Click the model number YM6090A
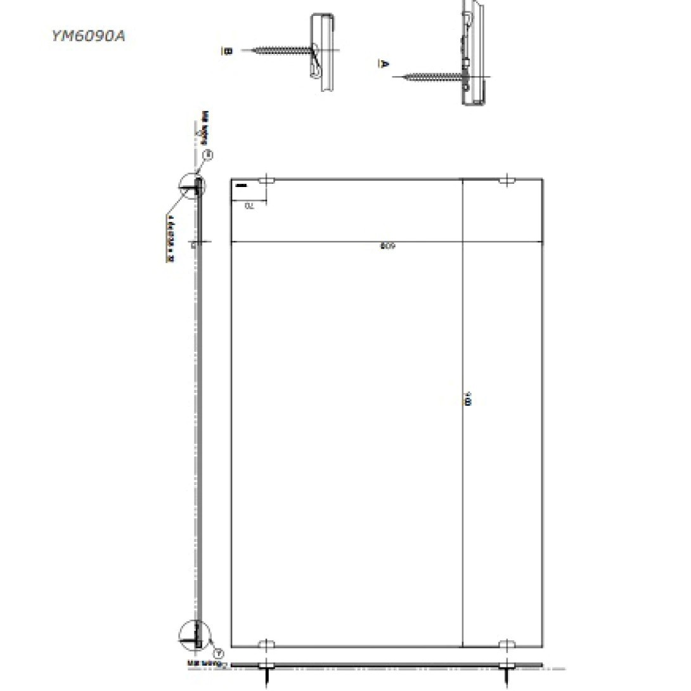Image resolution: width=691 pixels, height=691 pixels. tap(88, 36)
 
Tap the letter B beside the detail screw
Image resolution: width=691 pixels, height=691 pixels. tap(227, 50)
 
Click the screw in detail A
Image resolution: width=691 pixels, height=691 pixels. tap(431, 77)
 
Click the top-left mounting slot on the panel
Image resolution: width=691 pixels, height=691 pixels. tap(266, 181)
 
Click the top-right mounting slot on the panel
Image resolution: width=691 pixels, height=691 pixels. tap(507, 181)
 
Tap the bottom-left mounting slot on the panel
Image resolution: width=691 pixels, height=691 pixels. tap(266, 645)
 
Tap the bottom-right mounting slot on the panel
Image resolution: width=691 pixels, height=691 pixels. tap(507, 645)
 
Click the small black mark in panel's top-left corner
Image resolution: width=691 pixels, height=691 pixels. tap(241, 186)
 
